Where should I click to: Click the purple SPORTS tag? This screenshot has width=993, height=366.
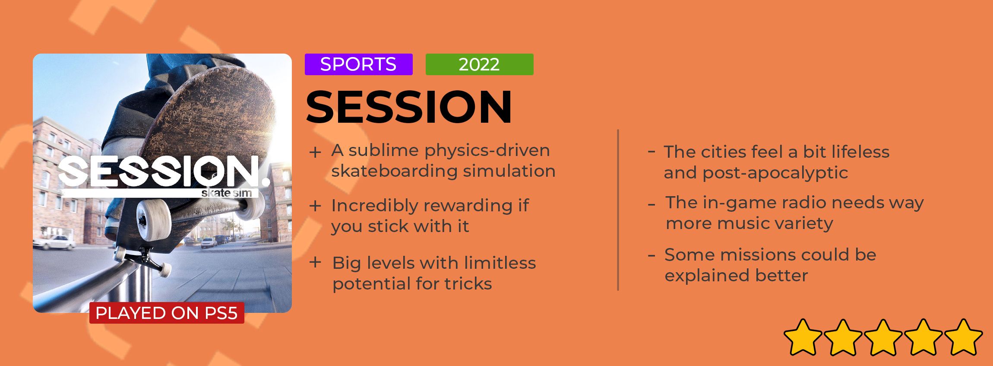pos(358,64)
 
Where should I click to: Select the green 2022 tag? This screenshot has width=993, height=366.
pos(479,64)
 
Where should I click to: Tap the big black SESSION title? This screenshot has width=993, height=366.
pos(409,107)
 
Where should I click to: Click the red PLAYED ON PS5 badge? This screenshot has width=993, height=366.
pos(167,313)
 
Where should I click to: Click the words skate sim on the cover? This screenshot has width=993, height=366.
pos(227,193)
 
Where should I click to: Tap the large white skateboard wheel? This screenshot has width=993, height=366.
pos(154,219)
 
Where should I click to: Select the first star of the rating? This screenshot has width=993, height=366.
pos(803,337)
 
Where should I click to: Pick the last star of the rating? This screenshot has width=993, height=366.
pos(963,337)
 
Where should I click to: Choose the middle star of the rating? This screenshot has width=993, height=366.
pos(883,337)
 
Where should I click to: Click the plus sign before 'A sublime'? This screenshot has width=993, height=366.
pos(315,152)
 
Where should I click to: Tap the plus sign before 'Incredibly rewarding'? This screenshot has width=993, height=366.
pos(315,206)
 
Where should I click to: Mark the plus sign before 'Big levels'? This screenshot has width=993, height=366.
pos(315,262)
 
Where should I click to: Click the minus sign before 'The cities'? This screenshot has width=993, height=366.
pos(651,151)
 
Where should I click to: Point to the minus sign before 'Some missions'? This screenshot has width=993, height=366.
pos(651,255)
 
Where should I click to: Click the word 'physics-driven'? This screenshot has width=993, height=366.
pos(487,151)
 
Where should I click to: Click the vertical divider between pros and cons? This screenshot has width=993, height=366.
pos(618,210)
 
